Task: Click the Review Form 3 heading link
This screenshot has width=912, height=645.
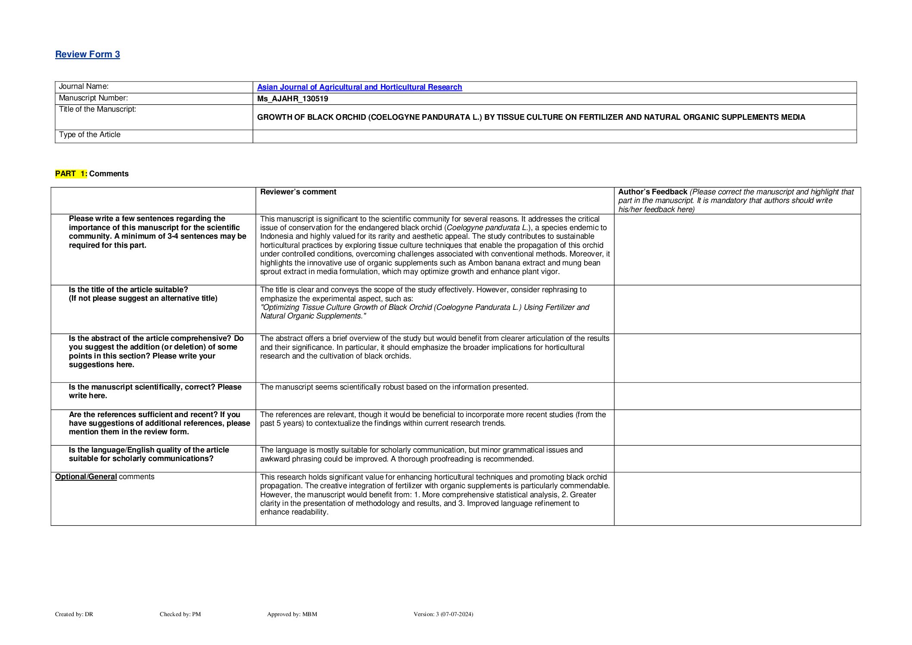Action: pyautogui.click(x=87, y=54)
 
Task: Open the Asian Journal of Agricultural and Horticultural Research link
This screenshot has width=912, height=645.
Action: pyautogui.click(x=359, y=87)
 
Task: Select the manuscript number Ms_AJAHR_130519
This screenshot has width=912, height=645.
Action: pyautogui.click(x=293, y=99)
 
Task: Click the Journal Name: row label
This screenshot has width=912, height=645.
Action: pyautogui.click(x=84, y=87)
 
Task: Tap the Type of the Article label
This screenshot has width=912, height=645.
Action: pyautogui.click(x=90, y=135)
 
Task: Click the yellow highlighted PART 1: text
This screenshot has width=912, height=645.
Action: pyautogui.click(x=71, y=174)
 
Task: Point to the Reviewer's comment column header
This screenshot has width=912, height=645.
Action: pyautogui.click(x=298, y=192)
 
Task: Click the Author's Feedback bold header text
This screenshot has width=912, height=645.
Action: pyautogui.click(x=652, y=192)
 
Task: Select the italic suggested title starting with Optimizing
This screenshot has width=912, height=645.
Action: pyautogui.click(x=424, y=312)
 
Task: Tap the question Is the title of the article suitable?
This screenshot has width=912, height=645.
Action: pyautogui.click(x=128, y=290)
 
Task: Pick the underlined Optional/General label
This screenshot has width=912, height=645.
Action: pyautogui.click(x=86, y=477)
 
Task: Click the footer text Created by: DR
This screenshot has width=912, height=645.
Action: pyautogui.click(x=74, y=614)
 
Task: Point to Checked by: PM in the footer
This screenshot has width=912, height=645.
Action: pyautogui.click(x=180, y=614)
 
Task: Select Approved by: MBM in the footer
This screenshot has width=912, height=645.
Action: pyautogui.click(x=292, y=614)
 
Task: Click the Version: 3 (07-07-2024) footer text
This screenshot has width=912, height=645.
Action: pyautogui.click(x=443, y=614)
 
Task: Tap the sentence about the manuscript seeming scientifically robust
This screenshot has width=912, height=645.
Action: pyautogui.click(x=394, y=387)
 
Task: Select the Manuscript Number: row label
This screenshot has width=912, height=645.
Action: pyautogui.click(x=93, y=98)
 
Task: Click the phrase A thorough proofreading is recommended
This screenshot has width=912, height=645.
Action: pyautogui.click(x=462, y=459)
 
